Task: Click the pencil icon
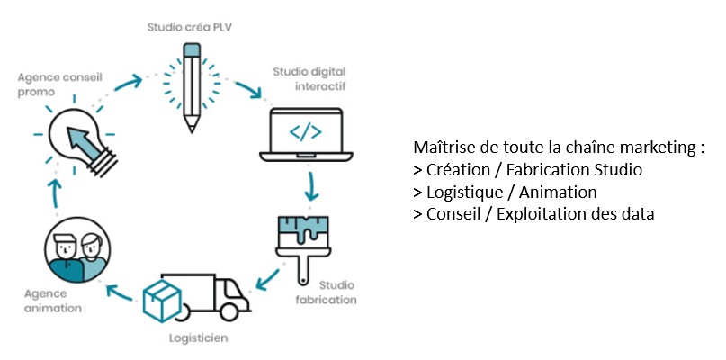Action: pyautogui.click(x=191, y=86)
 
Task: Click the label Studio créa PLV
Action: pyautogui.click(x=189, y=28)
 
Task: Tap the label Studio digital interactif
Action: pyautogui.click(x=310, y=79)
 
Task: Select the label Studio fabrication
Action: pyautogui.click(x=325, y=292)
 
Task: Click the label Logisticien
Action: pyautogui.click(x=198, y=338)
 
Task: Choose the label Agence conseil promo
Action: pyautogui.click(x=54, y=84)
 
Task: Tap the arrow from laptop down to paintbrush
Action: pyautogui.click(x=312, y=184)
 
